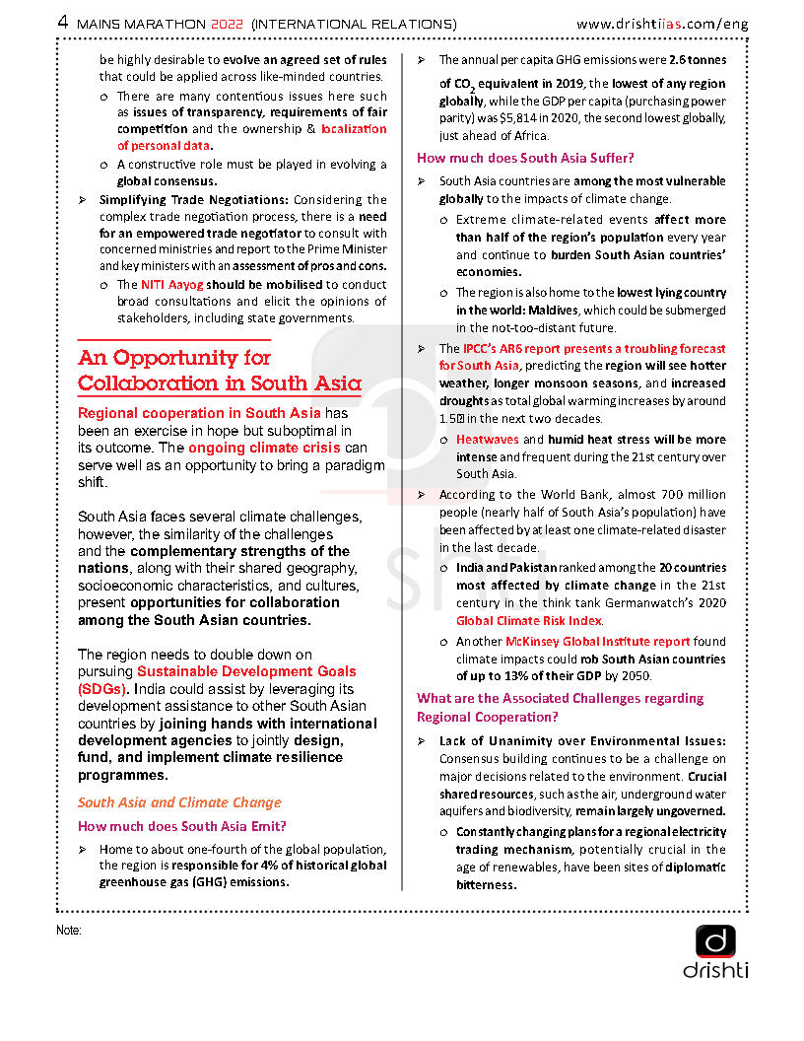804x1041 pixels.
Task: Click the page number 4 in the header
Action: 63,22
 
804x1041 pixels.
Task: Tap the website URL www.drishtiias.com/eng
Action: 662,22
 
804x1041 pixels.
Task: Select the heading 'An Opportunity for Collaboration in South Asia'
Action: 219,371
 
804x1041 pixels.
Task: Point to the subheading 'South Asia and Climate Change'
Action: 179,802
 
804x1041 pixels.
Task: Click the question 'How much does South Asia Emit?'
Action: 182,826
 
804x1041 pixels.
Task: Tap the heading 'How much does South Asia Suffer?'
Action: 525,158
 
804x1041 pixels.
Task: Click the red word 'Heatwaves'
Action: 487,440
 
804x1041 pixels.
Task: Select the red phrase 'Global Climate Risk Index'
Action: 529,621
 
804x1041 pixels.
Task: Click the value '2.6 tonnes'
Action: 697,60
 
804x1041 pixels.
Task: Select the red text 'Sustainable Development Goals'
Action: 246,670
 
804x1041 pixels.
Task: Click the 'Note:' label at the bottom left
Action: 68,930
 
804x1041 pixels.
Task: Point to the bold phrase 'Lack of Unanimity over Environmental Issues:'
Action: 582,741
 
